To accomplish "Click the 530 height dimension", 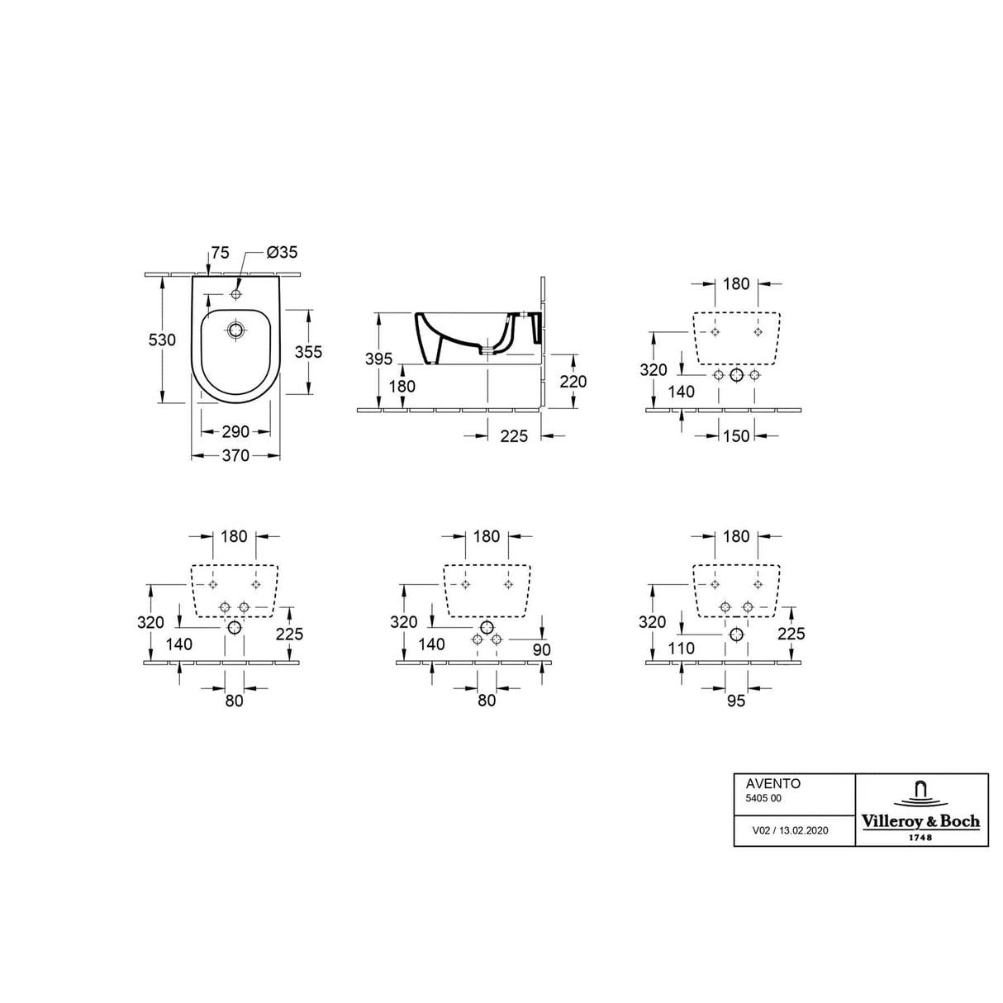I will (x=162, y=340).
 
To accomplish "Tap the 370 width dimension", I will (x=235, y=456).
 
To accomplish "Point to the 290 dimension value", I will (x=235, y=432).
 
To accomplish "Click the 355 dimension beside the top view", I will (x=308, y=352).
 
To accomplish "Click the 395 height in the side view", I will (x=378, y=358).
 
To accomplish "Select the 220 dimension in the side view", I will (x=573, y=381).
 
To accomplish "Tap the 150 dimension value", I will (x=736, y=435).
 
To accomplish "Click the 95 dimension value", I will (x=736, y=701).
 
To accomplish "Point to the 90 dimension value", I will (x=541, y=650).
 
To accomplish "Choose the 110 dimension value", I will (x=682, y=649).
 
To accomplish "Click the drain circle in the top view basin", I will (x=236, y=331).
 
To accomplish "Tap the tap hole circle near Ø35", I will (x=236, y=294).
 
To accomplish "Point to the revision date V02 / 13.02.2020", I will (x=790, y=831).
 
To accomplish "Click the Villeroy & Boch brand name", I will (x=921, y=821).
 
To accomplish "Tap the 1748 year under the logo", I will (x=921, y=837).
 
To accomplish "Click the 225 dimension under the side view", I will (x=513, y=435).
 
